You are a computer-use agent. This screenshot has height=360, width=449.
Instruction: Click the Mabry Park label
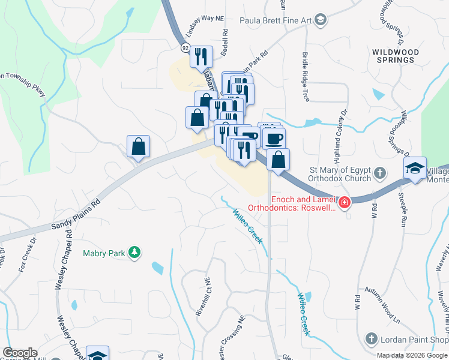click(x=104, y=254)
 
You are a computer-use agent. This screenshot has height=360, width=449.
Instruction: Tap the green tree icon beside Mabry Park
click(x=136, y=253)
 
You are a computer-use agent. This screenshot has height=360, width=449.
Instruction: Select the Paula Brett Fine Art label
click(x=276, y=20)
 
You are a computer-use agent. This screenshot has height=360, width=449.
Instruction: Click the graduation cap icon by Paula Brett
click(x=321, y=20)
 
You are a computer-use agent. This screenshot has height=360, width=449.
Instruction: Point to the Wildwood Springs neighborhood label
click(x=393, y=56)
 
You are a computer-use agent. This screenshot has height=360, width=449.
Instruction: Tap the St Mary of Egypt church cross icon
click(x=379, y=173)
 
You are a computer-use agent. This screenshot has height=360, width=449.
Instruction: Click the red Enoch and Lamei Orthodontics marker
click(x=344, y=203)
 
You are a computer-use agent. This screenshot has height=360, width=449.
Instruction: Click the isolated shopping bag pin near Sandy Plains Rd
click(x=138, y=146)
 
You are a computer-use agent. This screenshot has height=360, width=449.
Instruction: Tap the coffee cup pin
click(x=274, y=139)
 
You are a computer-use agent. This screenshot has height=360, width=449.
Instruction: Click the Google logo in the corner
click(x=20, y=353)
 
